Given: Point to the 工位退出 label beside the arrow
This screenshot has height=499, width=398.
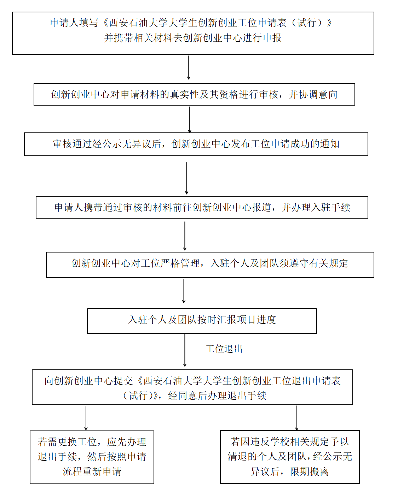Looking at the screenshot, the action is [224, 349].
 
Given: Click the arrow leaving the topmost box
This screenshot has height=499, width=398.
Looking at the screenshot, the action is [189, 67].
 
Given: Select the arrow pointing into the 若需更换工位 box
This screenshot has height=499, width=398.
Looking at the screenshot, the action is [86, 418].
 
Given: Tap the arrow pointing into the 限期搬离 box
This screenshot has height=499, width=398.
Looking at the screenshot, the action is [297, 418].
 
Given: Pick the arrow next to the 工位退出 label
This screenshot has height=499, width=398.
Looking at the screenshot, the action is [185, 350].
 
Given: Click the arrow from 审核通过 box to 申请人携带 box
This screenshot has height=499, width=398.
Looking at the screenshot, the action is [186, 178].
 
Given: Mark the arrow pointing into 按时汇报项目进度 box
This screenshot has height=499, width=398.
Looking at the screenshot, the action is [184, 291].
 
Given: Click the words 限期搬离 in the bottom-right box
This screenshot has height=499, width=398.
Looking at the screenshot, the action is [309, 471].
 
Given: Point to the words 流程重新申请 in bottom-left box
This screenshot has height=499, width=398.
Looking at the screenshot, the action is [92, 471].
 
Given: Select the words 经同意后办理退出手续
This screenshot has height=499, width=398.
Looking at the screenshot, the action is [217, 396].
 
